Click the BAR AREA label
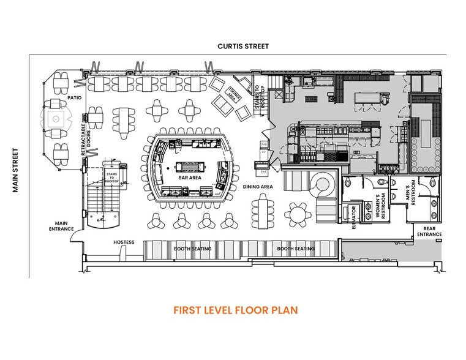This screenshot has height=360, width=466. pyautogui.click(x=190, y=178)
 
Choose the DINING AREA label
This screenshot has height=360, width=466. pyautogui.click(x=258, y=186)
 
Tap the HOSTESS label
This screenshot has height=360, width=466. pyautogui.click(x=124, y=242)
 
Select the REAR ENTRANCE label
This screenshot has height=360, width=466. pyautogui.click(x=429, y=231)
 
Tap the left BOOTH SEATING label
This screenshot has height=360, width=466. pyautogui.click(x=193, y=249)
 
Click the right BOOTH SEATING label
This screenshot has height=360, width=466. pyautogui.click(x=296, y=249)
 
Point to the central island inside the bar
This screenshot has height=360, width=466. pyautogui.click(x=190, y=167)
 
